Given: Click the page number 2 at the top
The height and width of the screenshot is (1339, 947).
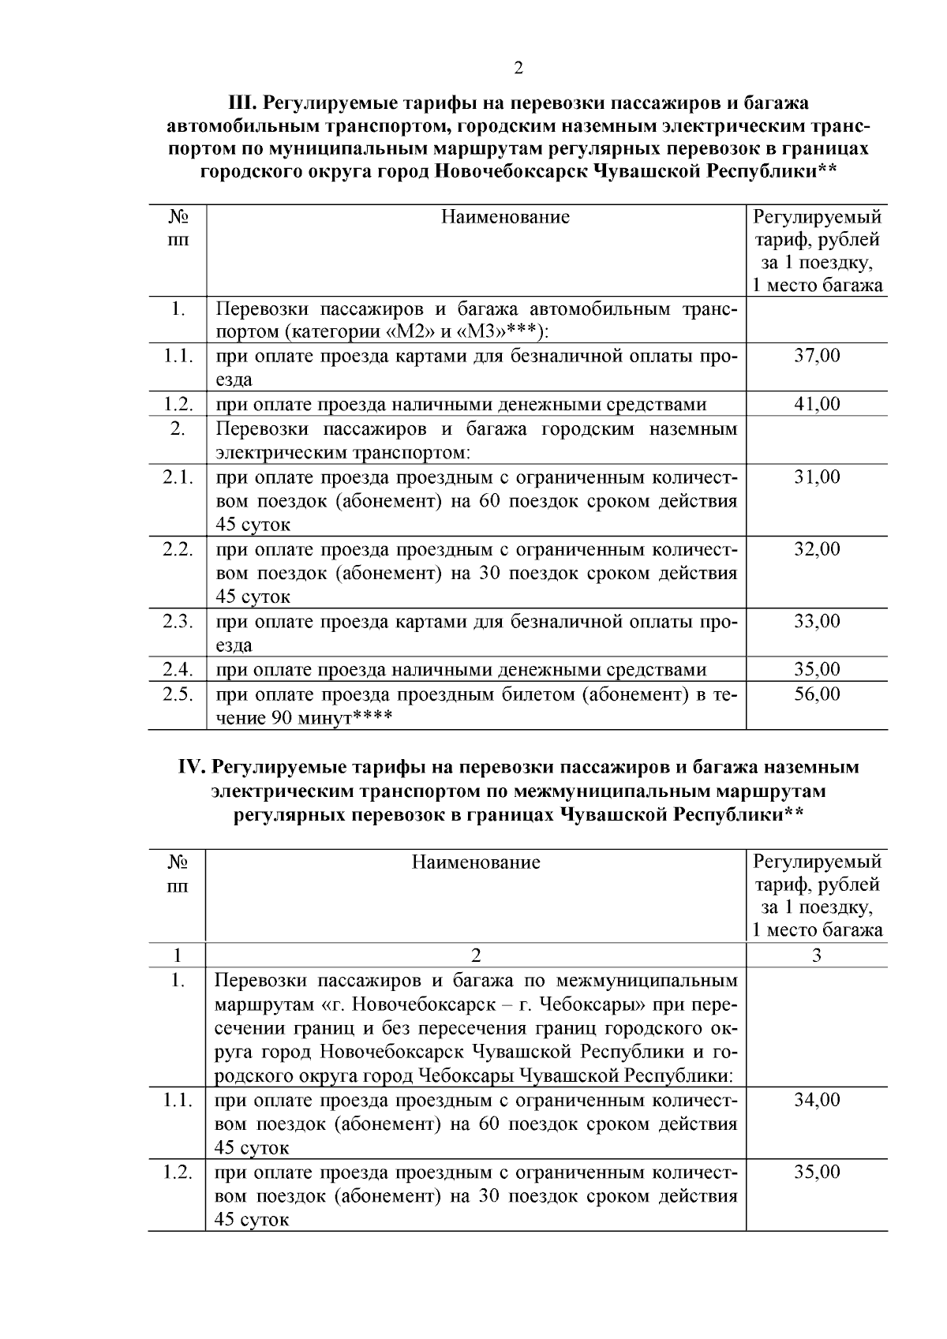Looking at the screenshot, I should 518,69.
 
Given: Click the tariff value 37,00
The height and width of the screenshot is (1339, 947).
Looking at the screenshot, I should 816,355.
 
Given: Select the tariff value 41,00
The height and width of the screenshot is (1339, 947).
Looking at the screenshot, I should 816,404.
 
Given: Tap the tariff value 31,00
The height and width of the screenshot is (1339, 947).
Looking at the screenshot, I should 816,477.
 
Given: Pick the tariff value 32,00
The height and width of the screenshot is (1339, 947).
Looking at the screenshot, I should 816,548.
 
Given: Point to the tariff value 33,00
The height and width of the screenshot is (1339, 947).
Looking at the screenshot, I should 816,621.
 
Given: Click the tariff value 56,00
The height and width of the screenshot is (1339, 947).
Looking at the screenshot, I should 816,694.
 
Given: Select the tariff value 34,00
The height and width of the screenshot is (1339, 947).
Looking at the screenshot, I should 816,1099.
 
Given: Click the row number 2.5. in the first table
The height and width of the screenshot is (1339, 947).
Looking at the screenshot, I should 178,694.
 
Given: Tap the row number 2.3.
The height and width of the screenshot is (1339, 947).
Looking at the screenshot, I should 178,621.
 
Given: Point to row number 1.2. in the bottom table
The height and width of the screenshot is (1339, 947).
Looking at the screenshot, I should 178,1172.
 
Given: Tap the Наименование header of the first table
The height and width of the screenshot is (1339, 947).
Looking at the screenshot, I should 504,217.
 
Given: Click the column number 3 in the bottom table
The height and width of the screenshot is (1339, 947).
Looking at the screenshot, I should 816,956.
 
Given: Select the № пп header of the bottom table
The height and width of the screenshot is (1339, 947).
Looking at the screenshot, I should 178,873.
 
